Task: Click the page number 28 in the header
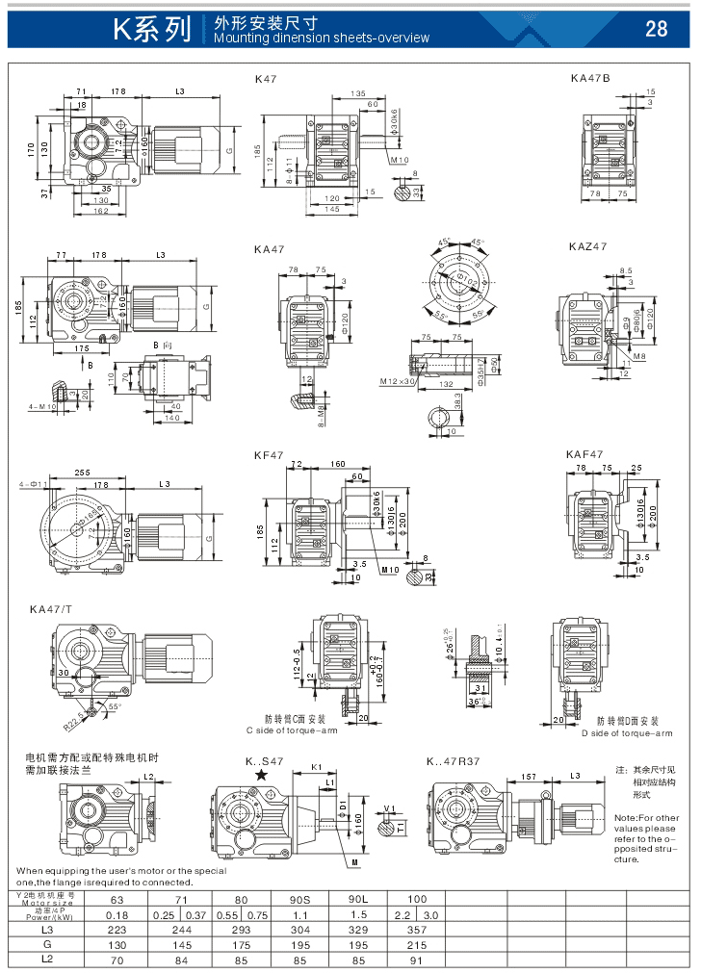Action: tap(656, 29)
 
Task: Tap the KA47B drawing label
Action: tap(589, 78)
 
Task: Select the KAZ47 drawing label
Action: tap(587, 247)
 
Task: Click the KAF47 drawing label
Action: tap(584, 454)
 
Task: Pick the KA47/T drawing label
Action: tap(50, 609)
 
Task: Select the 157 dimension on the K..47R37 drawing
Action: tap(529, 776)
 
